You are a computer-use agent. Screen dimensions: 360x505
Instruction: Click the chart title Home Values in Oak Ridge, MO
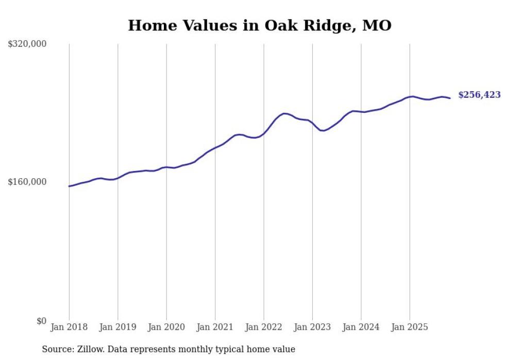click(260, 25)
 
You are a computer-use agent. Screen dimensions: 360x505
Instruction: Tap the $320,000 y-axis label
click(27, 44)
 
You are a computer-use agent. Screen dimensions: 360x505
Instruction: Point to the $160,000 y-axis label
click(27, 182)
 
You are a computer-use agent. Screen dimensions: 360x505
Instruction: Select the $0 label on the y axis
click(41, 321)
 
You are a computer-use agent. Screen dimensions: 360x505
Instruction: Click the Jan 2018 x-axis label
click(69, 327)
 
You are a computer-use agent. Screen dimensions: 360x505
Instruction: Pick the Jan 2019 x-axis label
click(118, 327)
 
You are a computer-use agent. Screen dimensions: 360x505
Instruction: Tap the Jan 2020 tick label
click(166, 327)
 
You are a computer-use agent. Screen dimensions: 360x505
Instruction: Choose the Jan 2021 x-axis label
click(215, 327)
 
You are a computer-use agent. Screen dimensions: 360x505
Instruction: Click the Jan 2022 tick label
click(264, 327)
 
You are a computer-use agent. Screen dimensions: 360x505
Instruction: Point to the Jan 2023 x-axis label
click(312, 327)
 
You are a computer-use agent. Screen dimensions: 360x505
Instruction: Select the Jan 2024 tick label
click(361, 327)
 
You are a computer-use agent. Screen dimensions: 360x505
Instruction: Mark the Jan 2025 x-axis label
click(410, 327)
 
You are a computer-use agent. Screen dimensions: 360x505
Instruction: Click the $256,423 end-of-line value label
click(479, 95)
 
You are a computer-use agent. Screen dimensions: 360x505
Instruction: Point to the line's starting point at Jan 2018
click(69, 186)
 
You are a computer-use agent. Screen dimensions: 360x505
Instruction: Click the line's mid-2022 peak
click(284, 113)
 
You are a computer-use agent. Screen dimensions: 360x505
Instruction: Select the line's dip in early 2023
click(322, 131)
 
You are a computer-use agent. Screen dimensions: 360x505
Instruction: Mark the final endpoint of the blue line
click(450, 98)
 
